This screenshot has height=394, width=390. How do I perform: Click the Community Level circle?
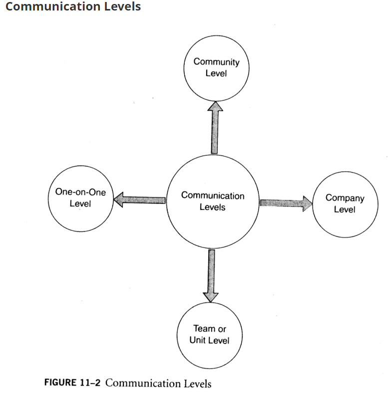click(x=216, y=67)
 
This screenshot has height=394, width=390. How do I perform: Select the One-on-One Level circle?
click(x=80, y=198)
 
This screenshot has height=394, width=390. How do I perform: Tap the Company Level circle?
click(x=345, y=203)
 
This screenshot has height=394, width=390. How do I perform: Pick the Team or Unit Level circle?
click(x=210, y=335)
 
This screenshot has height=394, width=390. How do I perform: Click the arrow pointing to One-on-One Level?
click(x=139, y=200)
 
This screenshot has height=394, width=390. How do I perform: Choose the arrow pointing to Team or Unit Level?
click(x=211, y=275)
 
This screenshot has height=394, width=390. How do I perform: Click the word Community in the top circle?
click(x=216, y=62)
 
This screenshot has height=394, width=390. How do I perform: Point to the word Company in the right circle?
click(x=345, y=198)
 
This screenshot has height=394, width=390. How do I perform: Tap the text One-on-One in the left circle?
click(x=80, y=192)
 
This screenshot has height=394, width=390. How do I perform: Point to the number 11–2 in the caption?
click(x=90, y=383)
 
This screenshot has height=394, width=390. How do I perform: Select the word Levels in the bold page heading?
click(x=120, y=7)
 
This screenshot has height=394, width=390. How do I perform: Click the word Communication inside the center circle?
click(x=213, y=195)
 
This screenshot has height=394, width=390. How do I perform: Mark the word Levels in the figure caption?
click(x=196, y=383)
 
